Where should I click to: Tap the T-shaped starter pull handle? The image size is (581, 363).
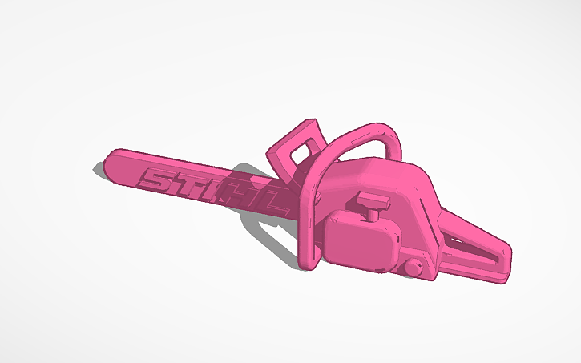pyautogui.click(x=372, y=199)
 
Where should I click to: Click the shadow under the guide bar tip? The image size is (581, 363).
pyautogui.click(x=103, y=171)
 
